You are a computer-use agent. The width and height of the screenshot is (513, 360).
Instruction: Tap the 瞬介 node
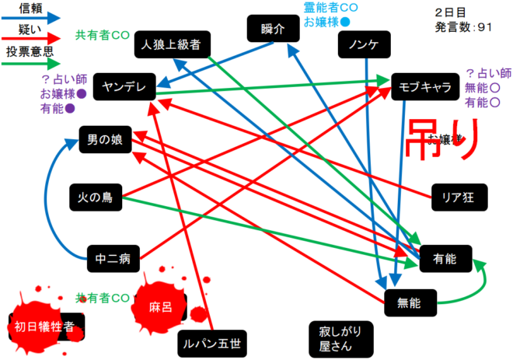tap(268, 30)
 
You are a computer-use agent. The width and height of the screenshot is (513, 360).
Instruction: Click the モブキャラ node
tap(425, 87)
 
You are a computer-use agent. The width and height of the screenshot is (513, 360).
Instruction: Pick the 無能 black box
tap(408, 302)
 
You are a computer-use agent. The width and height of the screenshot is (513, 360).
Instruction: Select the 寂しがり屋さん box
tap(334, 336)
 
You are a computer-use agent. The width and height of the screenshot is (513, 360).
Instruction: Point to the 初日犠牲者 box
tap(45, 327)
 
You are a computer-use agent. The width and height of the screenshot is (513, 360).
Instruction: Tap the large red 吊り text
tap(440, 139)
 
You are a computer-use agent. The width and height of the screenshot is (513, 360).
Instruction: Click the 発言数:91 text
tap(465, 27)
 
